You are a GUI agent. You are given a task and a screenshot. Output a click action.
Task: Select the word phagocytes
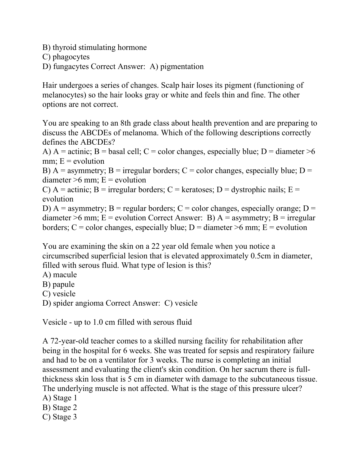pos(71,57)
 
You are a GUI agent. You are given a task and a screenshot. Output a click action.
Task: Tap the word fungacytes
pos(71,66)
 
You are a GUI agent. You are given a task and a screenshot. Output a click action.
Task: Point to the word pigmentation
pos(182,66)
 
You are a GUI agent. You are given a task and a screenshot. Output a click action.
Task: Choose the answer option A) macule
pos(60,275)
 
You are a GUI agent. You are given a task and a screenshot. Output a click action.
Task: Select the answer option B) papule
pos(59,284)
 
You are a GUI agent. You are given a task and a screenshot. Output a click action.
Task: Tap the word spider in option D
pos(63,303)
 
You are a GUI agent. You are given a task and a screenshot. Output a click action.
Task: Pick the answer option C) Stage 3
pos(60,417)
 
